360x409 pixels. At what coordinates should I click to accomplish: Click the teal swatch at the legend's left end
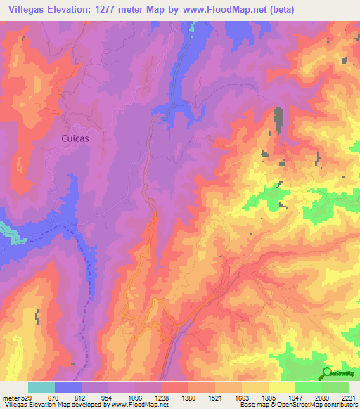(41, 387)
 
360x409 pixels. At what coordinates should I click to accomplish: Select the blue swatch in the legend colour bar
(67, 387)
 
